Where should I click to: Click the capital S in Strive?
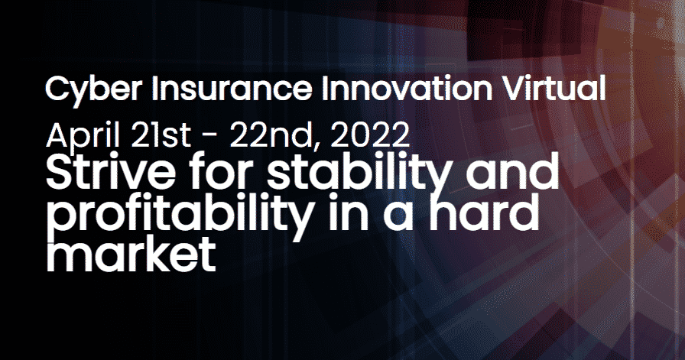(x=60, y=176)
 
